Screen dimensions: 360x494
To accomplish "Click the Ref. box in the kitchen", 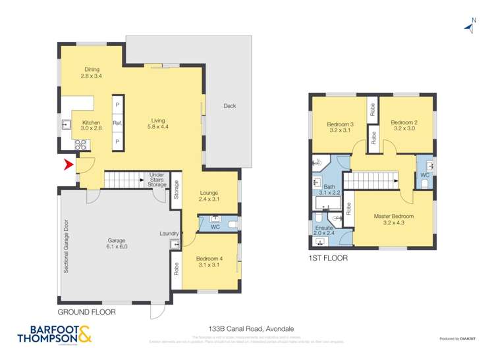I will (118, 123).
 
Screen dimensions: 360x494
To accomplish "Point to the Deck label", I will (229, 106).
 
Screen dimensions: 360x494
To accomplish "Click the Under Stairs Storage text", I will (157, 178).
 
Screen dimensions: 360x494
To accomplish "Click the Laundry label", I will (169, 233).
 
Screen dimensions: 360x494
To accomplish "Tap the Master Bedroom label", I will (394, 219).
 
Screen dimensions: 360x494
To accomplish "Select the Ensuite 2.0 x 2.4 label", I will (324, 230).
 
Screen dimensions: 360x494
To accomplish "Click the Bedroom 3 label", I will (341, 126).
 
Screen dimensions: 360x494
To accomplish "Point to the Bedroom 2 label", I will (404, 125).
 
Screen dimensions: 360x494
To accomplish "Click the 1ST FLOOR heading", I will (328, 259).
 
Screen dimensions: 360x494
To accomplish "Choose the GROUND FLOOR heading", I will (86, 312).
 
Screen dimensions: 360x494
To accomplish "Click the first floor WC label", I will (424, 174).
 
